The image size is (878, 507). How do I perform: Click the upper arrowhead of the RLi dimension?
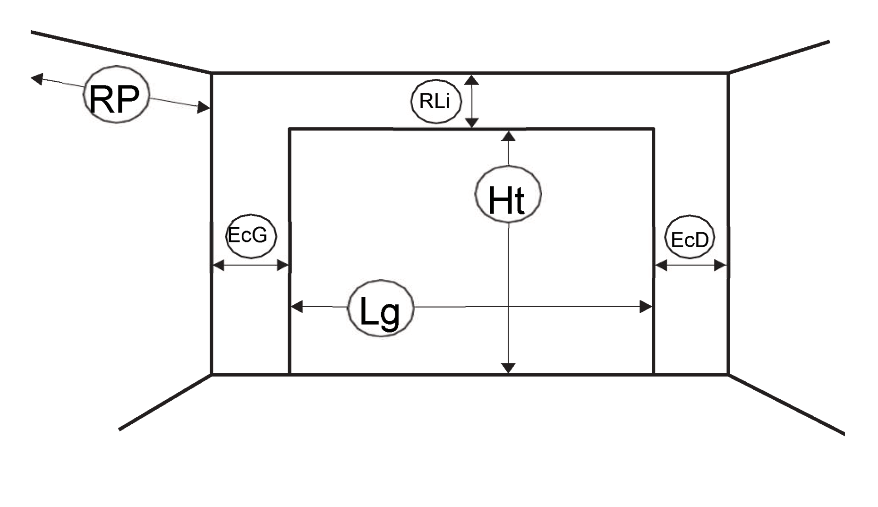[x=471, y=80]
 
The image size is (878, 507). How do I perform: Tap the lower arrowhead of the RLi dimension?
[x=471, y=122]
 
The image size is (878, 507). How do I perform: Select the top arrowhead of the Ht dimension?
[x=508, y=136]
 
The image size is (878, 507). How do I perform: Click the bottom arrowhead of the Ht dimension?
[x=508, y=368]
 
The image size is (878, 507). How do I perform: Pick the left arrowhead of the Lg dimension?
[x=297, y=307]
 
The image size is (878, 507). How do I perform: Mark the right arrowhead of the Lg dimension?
[x=646, y=307]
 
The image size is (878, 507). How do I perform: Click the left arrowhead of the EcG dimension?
[x=218, y=266]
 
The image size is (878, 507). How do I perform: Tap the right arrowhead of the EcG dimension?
[x=282, y=266]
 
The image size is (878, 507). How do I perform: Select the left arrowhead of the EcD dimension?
[x=661, y=266]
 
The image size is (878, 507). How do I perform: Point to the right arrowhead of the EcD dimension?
[x=720, y=266]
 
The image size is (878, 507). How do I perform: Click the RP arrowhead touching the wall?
[x=204, y=108]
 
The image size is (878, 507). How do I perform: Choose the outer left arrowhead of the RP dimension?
[x=37, y=78]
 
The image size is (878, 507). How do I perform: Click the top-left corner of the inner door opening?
[x=290, y=129]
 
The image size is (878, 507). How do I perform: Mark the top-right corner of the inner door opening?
[x=654, y=129]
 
